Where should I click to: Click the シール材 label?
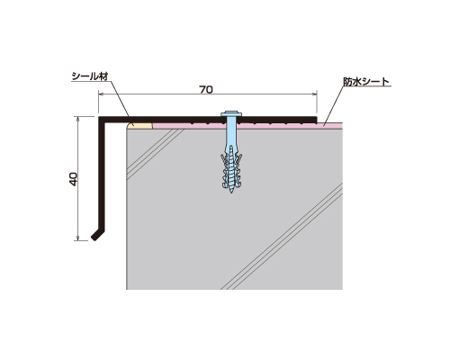click(90, 76)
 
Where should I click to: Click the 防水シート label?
click(366, 82)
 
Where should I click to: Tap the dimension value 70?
click(206, 89)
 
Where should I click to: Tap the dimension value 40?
click(74, 179)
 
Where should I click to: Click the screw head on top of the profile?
click(231, 114)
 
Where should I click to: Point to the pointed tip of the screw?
click(231, 192)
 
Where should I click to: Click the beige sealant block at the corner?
click(139, 125)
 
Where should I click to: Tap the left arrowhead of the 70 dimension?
click(101, 94)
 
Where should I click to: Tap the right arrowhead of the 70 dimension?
click(315, 94)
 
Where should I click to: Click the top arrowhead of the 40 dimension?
click(78, 119)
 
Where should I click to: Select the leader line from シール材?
click(119, 99)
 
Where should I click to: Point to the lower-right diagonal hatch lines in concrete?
click(282, 237)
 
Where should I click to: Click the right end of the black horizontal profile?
click(316, 120)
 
